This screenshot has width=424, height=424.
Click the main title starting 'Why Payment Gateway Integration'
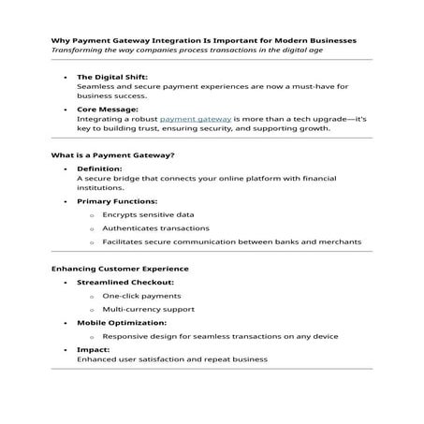[x=203, y=40]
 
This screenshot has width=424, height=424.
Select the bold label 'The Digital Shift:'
[x=112, y=76]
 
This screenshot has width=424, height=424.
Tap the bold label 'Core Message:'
[x=107, y=109]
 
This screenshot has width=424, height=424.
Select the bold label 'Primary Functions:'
[x=117, y=201]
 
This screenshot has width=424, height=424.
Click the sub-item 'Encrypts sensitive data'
[x=148, y=214]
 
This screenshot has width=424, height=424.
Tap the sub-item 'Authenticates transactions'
[x=155, y=227]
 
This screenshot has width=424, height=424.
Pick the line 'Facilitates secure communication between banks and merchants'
[x=231, y=241]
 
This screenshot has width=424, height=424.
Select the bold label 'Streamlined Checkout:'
[x=124, y=282]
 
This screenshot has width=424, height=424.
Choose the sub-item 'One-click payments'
[x=141, y=295]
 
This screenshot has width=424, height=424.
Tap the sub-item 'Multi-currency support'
[x=149, y=308]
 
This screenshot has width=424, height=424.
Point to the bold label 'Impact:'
[x=94, y=349]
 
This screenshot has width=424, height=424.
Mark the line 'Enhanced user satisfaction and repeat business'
[x=172, y=358]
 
